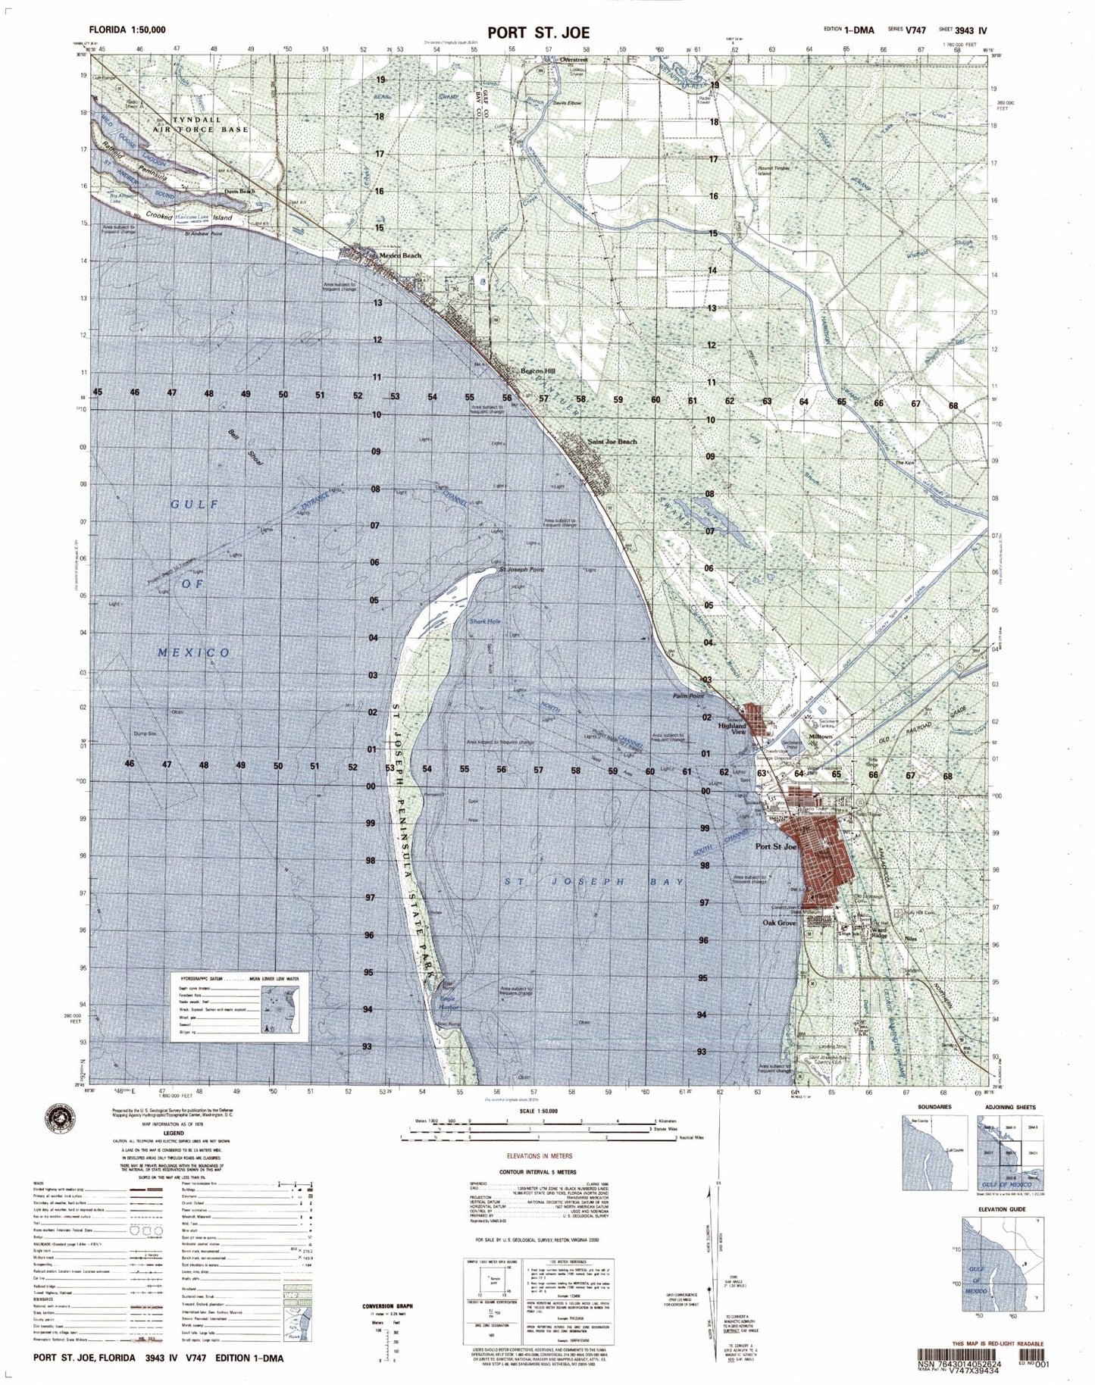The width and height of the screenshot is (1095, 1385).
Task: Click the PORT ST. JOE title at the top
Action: click(539, 33)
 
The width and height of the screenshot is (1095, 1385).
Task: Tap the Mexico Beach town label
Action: click(400, 255)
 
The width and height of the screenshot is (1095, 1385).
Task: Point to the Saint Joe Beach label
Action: click(612, 441)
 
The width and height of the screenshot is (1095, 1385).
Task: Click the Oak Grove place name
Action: click(778, 923)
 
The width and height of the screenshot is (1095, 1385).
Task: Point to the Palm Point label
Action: click(688, 695)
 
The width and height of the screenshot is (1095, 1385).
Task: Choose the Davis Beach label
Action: click(240, 192)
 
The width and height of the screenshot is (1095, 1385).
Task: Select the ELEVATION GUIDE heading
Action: click(1001, 1209)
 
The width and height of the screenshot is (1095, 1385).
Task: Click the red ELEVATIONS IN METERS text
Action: click(540, 1156)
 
